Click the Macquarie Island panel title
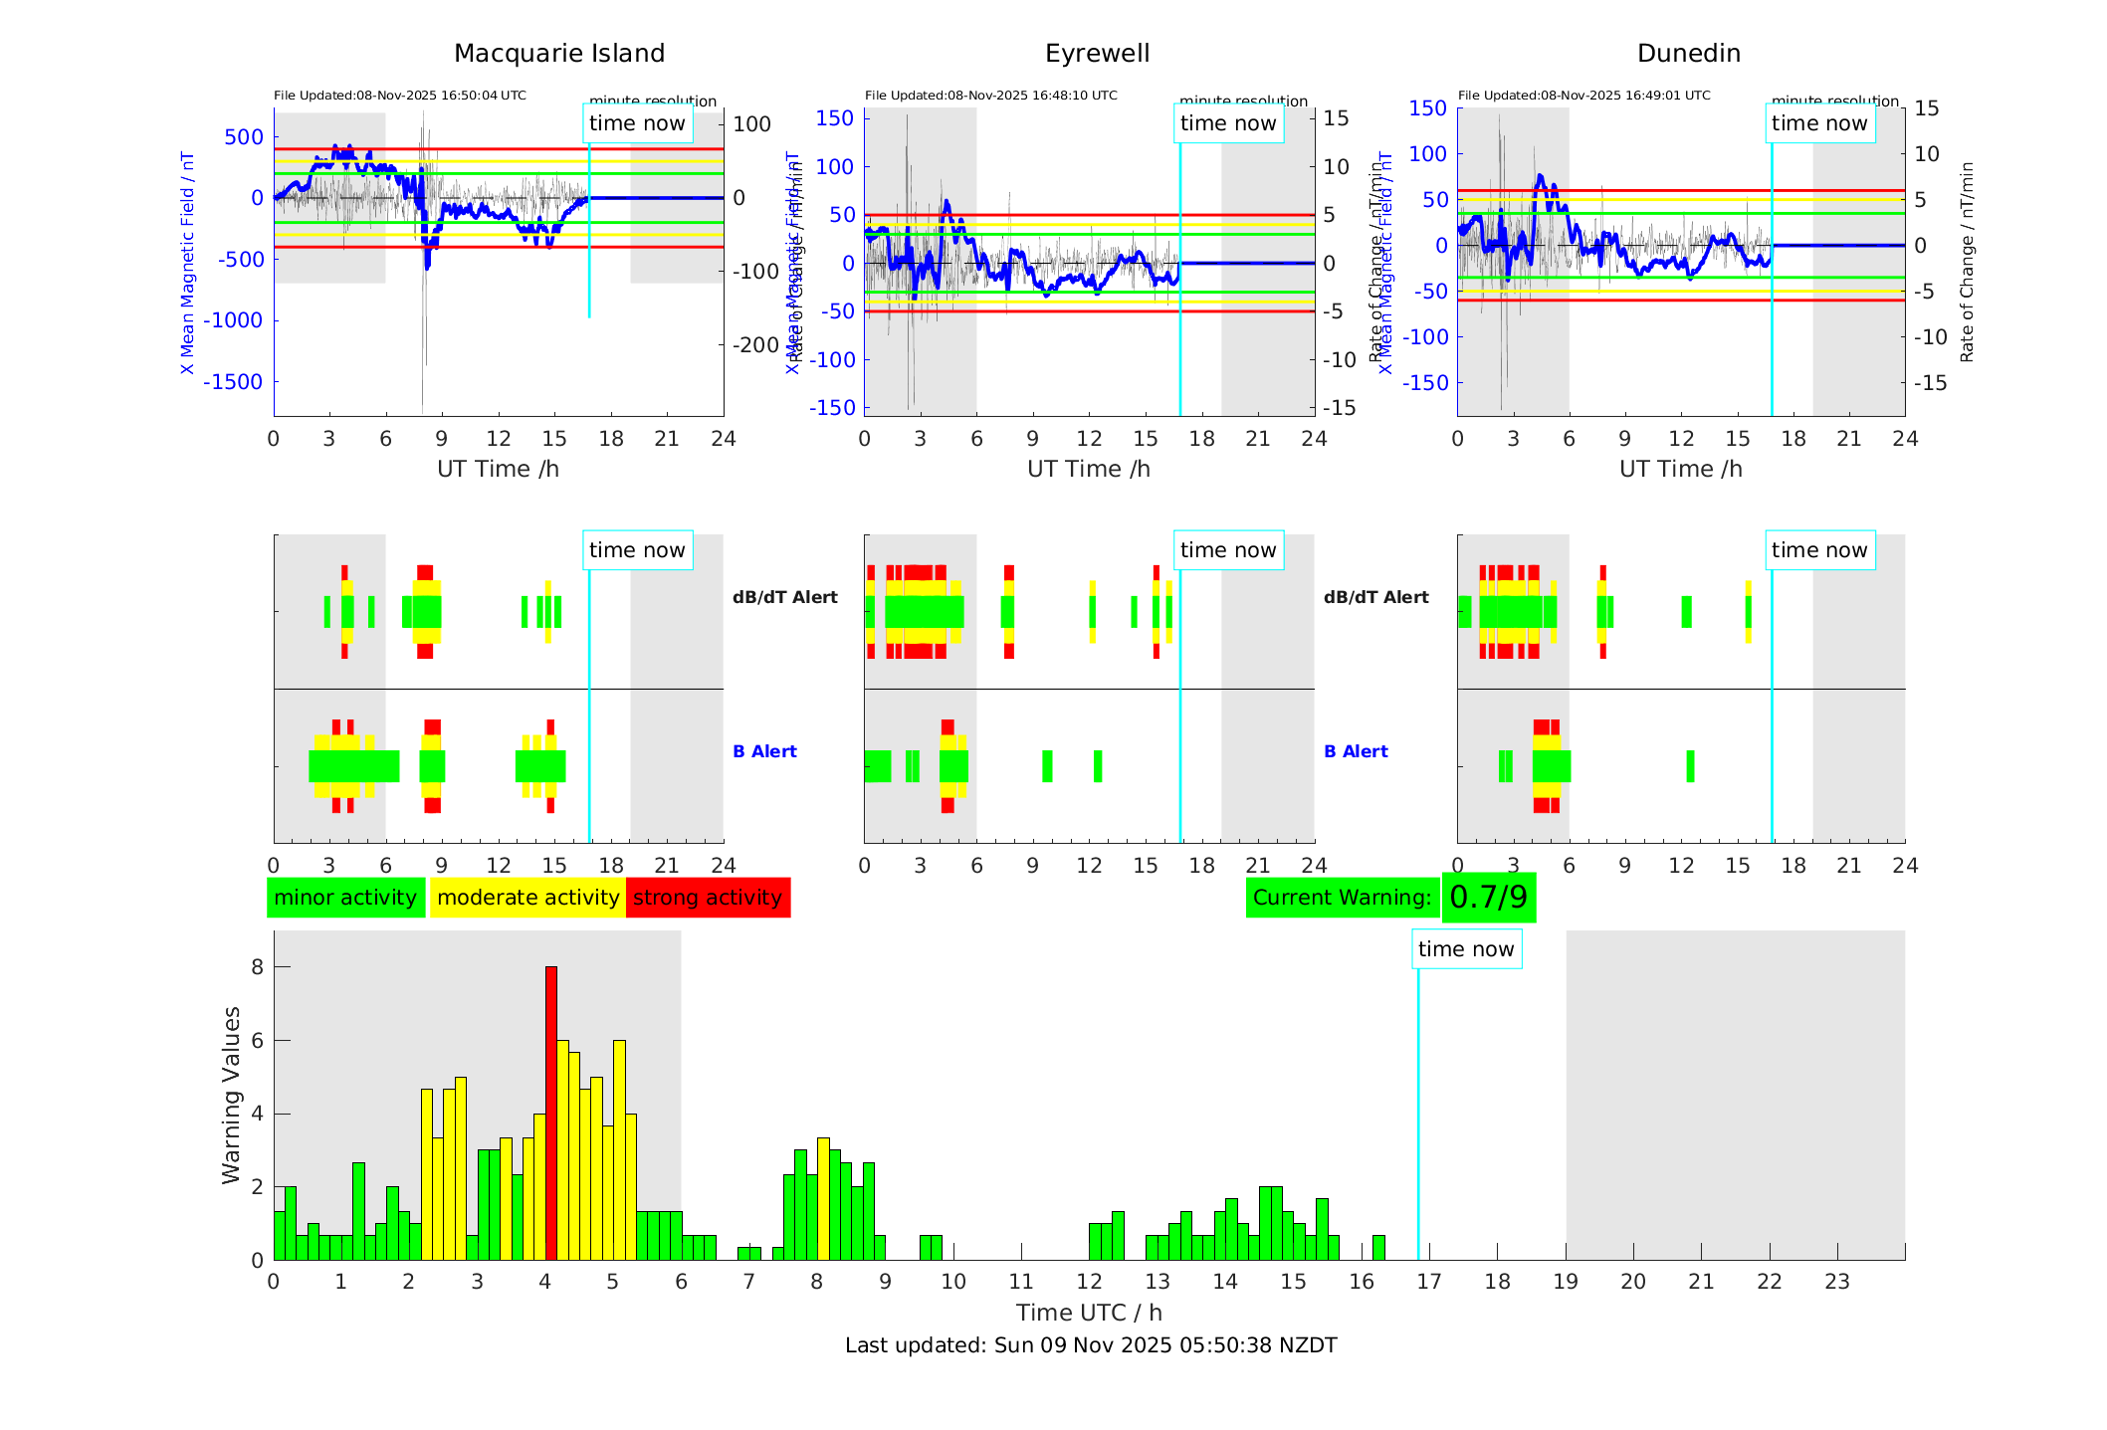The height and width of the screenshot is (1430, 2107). click(559, 54)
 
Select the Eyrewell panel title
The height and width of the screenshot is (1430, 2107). click(1097, 54)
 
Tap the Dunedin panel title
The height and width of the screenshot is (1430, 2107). click(1688, 54)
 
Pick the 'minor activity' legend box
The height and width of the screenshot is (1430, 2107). click(345, 898)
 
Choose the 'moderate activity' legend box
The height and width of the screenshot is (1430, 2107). click(527, 898)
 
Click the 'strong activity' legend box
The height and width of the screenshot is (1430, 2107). click(708, 898)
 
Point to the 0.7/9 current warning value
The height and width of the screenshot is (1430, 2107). click(1488, 898)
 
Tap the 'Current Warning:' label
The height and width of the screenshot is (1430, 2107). click(1342, 898)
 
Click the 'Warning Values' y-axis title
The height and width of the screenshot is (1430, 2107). click(232, 1095)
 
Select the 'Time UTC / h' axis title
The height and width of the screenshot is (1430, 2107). click(1089, 1313)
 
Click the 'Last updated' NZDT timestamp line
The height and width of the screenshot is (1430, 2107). click(1091, 1345)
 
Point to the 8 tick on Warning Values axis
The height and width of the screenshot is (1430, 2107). click(258, 967)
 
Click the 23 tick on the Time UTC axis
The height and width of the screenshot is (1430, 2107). click(1836, 1282)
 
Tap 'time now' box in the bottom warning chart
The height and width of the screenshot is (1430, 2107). click(1466, 949)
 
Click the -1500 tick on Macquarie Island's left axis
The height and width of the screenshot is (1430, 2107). click(234, 382)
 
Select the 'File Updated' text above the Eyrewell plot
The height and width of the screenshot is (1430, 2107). click(990, 96)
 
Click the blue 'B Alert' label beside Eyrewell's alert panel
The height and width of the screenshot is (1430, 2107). click(1356, 751)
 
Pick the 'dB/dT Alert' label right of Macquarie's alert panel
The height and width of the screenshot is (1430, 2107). click(785, 597)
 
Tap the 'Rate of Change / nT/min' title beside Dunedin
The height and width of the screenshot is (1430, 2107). click(1967, 262)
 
